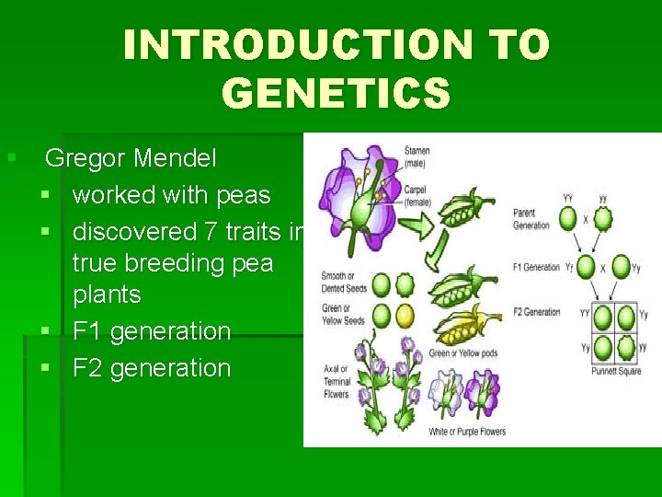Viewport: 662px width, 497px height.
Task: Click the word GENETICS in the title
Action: coord(337,93)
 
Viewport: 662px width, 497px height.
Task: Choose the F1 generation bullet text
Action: coord(151,330)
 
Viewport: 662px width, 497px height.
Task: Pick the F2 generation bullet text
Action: coord(151,367)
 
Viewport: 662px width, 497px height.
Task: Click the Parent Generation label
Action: coord(531,221)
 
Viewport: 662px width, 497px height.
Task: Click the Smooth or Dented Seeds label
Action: coord(344,282)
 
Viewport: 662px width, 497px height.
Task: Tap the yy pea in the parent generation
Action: coord(602,220)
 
